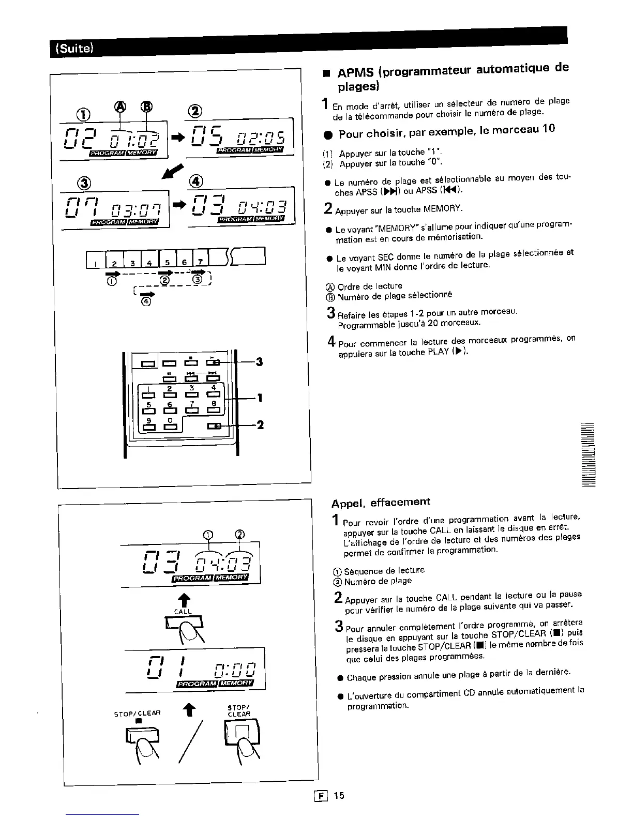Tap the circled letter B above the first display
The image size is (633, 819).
(x=146, y=106)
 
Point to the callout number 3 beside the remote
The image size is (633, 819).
(x=259, y=362)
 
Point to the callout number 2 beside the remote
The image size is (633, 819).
(x=260, y=425)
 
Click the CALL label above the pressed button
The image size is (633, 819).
(x=183, y=611)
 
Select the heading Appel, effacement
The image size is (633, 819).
(x=381, y=502)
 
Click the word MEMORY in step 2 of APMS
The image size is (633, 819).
(x=442, y=209)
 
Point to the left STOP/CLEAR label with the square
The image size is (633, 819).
(x=137, y=714)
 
